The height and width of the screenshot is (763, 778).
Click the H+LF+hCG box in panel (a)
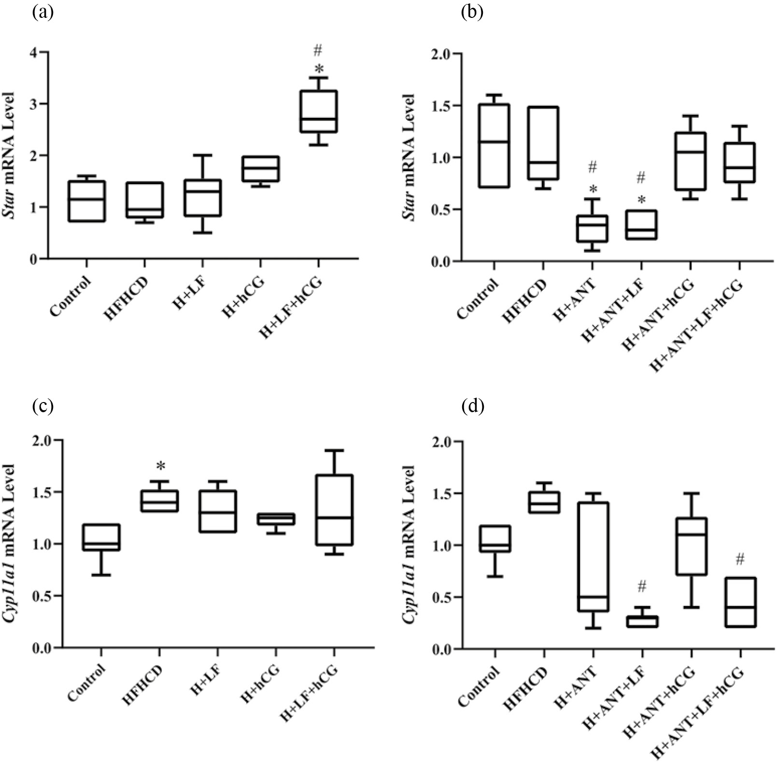pos(318,111)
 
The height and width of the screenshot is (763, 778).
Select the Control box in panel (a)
pos(86,201)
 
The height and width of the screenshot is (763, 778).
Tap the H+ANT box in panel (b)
pos(592,229)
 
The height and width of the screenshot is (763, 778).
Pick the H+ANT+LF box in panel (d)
pos(642,621)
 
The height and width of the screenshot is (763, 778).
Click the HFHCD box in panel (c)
pos(159,501)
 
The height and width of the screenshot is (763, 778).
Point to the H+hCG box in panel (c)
pos(276,519)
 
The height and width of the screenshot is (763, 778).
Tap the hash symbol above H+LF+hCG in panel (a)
pos(318,50)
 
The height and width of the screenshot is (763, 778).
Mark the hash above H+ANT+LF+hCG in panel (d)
pos(740,560)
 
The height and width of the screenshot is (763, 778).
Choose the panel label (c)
pos(42,406)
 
